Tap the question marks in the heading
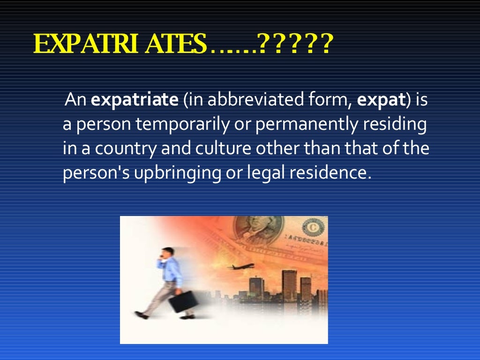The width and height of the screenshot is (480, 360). pyautogui.click(x=295, y=45)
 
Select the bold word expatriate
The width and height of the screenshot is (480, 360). pyautogui.click(x=135, y=101)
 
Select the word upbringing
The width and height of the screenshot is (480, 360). pyautogui.click(x=174, y=173)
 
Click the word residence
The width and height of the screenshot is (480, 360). pyautogui.click(x=330, y=173)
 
